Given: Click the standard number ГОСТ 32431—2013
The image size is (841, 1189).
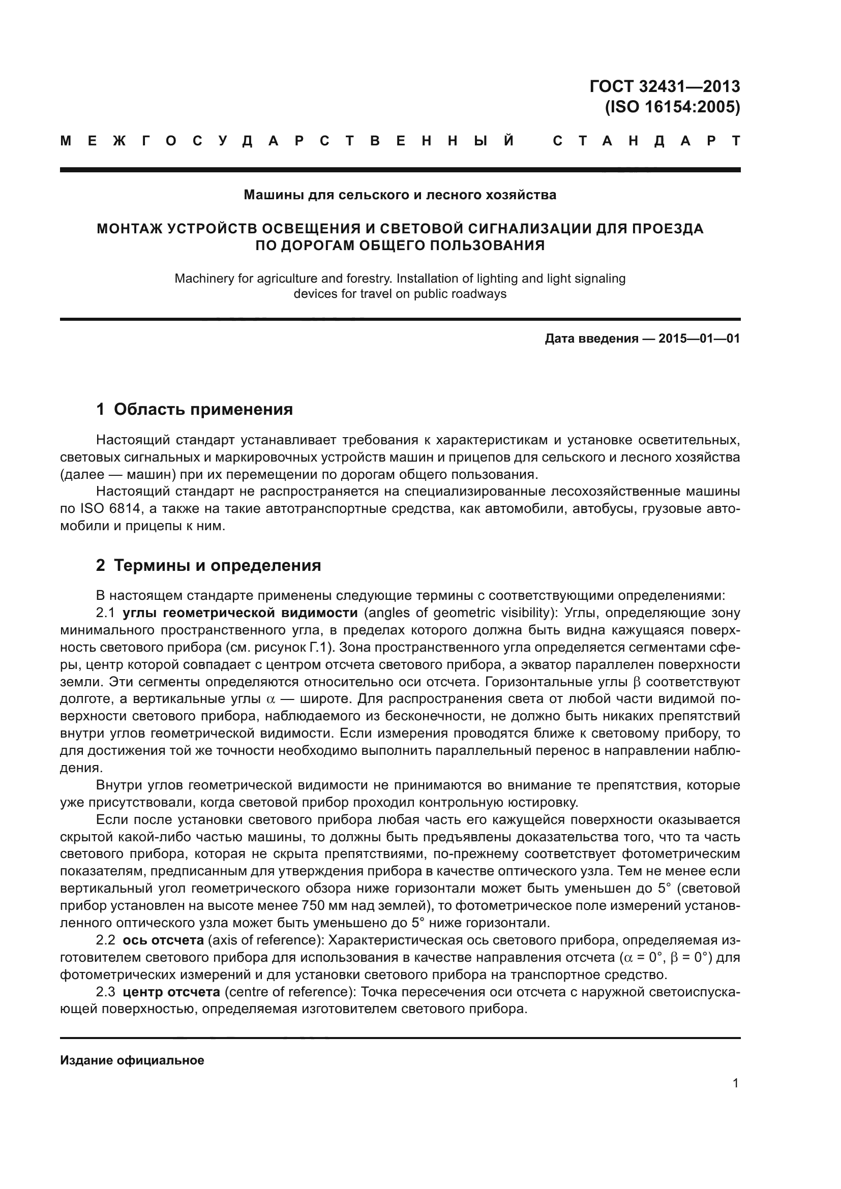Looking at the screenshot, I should click(665, 86).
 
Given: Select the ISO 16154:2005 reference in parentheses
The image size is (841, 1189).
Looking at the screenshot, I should click(672, 107).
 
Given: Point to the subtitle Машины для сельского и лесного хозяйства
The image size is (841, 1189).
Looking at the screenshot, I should click(400, 195).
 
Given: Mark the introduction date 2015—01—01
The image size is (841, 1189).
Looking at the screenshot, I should click(699, 339).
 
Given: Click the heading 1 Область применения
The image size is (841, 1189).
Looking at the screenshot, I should click(194, 409).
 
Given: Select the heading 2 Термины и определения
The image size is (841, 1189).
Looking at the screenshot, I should click(208, 565).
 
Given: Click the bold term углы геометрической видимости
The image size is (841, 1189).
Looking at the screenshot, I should click(240, 613).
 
